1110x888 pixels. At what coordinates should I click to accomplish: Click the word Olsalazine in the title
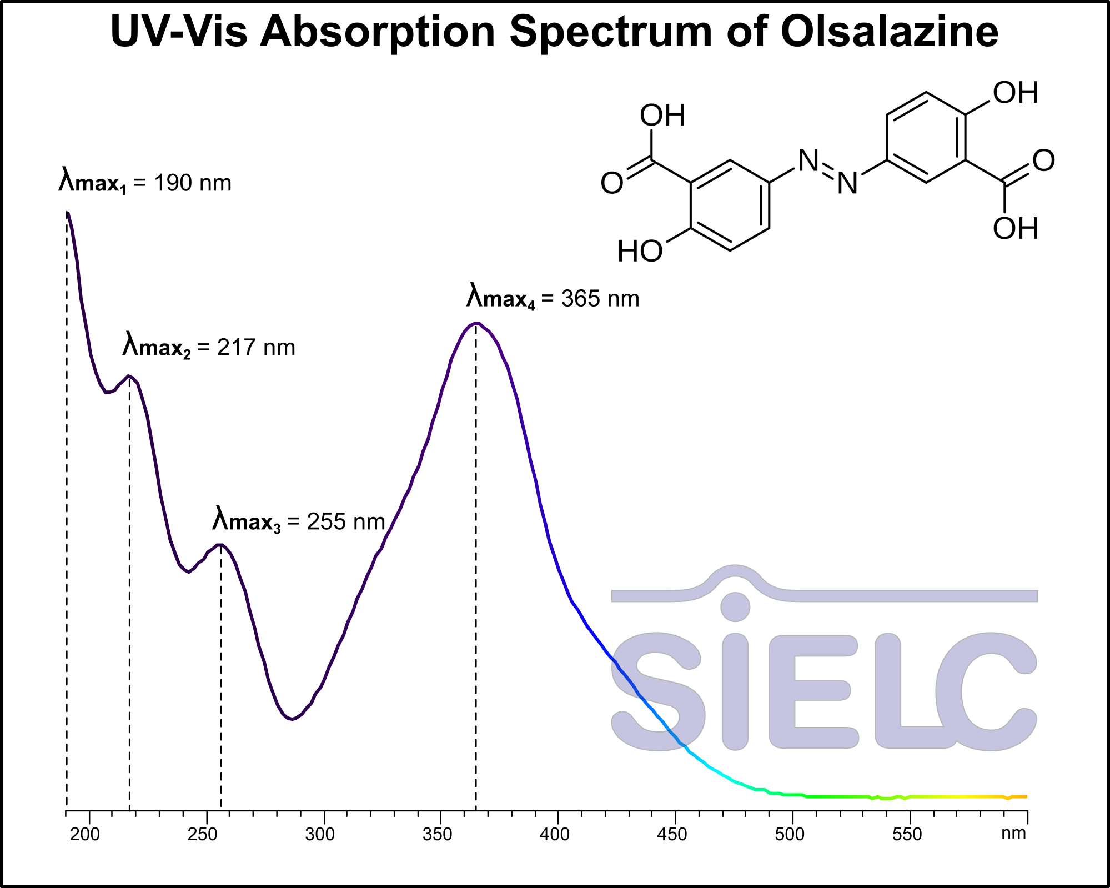coord(890,32)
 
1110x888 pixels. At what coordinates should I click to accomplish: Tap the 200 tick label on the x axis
coord(85,834)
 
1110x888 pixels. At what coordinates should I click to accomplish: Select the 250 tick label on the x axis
coord(203,834)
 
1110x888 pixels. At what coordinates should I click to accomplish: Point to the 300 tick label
coord(320,834)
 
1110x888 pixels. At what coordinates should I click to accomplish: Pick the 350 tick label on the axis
coord(438,834)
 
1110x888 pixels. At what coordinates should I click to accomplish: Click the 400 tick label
coord(555,834)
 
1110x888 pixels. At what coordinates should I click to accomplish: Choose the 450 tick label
coord(672,834)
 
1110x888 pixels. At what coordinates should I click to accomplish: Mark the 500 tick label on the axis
coord(790,834)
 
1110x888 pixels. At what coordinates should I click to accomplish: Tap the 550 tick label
coord(907,834)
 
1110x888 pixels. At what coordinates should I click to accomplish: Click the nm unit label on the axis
coord(1014,833)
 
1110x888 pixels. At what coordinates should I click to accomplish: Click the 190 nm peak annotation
coord(145,183)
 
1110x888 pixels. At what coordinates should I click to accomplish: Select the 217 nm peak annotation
coord(209,348)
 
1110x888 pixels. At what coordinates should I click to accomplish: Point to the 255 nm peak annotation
coord(299,522)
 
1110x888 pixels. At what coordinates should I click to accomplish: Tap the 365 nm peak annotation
coord(553,299)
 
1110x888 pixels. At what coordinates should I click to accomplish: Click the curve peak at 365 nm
coord(476,324)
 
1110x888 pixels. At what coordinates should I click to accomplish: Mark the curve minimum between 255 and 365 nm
coord(292,719)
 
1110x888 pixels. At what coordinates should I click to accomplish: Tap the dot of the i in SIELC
coord(735,607)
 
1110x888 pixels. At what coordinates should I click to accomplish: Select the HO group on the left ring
coord(640,252)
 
